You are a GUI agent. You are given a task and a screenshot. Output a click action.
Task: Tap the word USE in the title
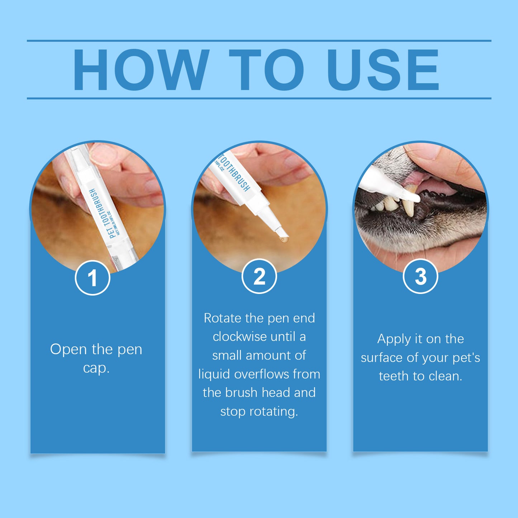click(382, 70)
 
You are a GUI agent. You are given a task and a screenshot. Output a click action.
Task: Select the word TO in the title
click(266, 70)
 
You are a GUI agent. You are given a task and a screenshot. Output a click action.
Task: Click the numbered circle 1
click(92, 278)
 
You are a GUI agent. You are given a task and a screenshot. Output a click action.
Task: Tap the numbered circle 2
click(259, 276)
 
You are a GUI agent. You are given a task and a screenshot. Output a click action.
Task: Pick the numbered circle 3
click(420, 276)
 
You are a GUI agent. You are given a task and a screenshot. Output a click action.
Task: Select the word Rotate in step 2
click(222, 318)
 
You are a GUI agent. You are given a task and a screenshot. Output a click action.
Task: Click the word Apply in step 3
click(394, 339)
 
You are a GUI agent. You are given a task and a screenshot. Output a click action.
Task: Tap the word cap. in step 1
click(96, 368)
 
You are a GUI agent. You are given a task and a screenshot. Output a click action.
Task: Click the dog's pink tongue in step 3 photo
click(439, 186)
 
